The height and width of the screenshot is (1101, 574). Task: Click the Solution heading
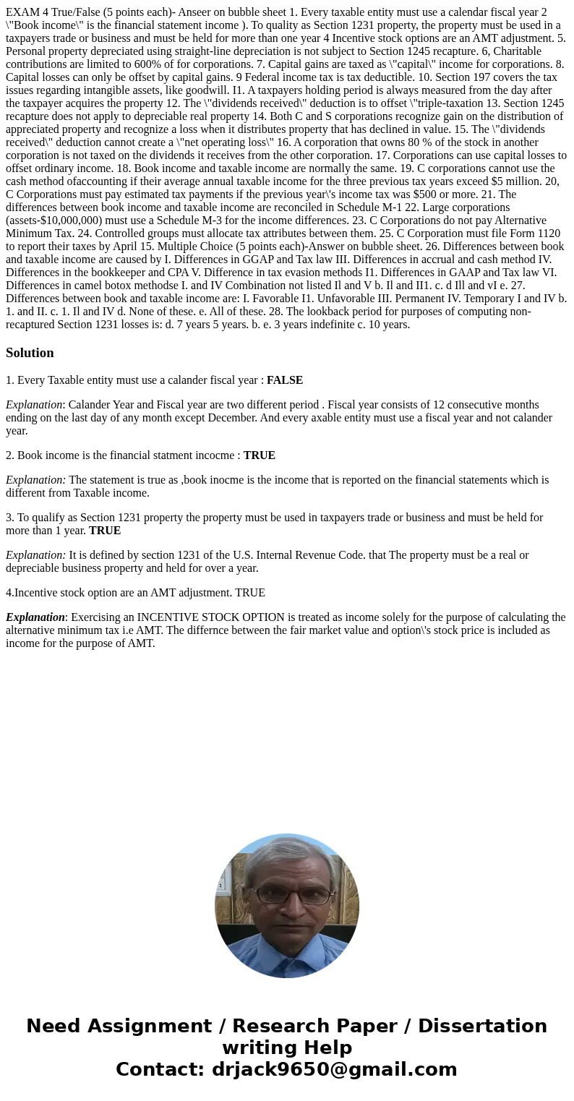[30, 353]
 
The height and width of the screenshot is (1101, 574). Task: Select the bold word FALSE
[285, 380]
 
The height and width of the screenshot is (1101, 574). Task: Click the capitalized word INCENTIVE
[168, 617]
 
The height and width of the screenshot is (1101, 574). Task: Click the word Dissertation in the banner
[482, 1027]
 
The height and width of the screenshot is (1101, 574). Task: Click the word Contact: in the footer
[160, 1070]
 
